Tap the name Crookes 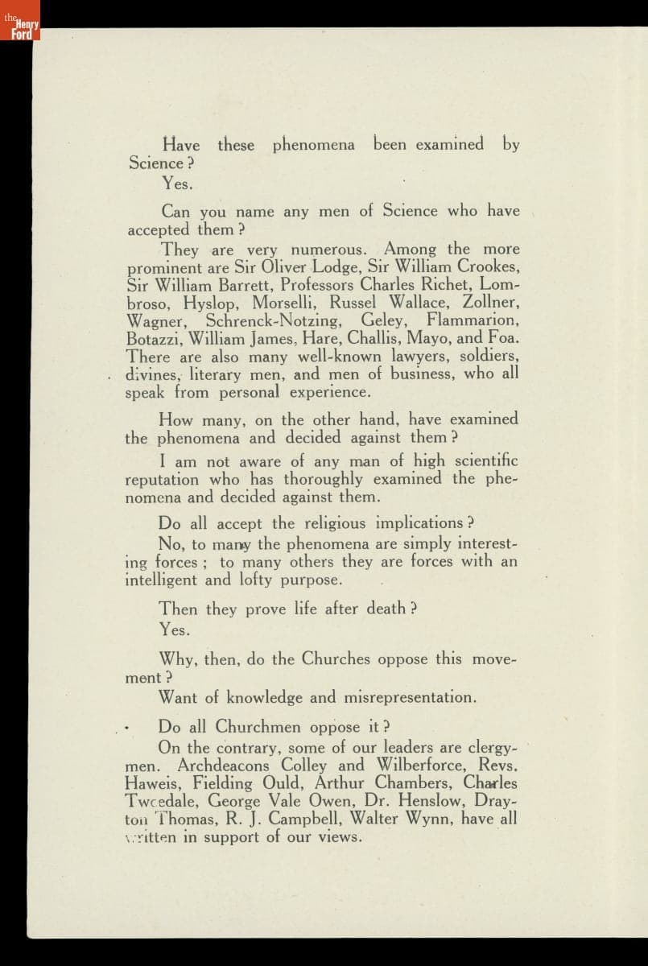(x=489, y=267)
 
